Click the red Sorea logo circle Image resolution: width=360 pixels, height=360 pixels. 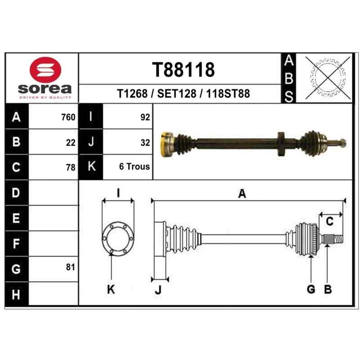tap(45, 70)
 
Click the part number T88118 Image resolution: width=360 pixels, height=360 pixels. tap(183, 70)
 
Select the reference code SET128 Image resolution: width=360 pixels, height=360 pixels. tap(176, 94)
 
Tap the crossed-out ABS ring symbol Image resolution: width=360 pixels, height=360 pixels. tap(328, 78)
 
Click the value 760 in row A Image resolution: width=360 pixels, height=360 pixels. tap(68, 117)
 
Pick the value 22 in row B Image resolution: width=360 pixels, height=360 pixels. tap(71, 143)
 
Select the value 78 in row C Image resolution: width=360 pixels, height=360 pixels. tap(71, 167)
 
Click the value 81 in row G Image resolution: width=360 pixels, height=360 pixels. tap(71, 267)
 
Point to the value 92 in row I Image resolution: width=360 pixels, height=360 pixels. tap(145, 117)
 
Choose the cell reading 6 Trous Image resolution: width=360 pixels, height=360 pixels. tap(134, 166)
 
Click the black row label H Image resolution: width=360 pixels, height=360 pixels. tap(16, 294)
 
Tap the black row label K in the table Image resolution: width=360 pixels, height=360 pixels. tap(91, 166)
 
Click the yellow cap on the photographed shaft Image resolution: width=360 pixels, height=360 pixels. tap(165, 144)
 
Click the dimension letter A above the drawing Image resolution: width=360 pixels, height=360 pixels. tap(242, 193)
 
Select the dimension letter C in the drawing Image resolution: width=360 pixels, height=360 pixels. tap(329, 221)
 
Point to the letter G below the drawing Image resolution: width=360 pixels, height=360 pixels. tap(311, 289)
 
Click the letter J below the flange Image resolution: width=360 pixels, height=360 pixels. tap(158, 290)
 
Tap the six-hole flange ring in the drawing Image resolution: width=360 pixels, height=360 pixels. tap(118, 238)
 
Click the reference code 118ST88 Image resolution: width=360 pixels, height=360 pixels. tap(228, 94)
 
